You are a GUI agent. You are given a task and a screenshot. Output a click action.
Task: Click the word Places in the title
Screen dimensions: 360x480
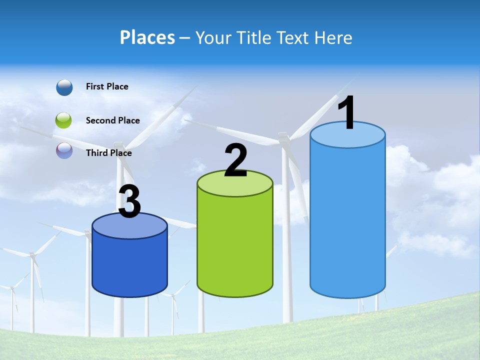tap(147, 37)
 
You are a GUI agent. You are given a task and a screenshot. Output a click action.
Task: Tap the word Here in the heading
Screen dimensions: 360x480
tap(334, 37)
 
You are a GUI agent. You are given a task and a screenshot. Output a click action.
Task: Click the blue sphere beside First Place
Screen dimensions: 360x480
tap(64, 87)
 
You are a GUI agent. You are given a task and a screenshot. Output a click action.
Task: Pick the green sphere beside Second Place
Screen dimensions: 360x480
tap(64, 120)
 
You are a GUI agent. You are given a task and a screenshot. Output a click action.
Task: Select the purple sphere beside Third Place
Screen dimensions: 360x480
tap(64, 151)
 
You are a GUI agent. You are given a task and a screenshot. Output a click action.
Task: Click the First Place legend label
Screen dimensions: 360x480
tap(107, 86)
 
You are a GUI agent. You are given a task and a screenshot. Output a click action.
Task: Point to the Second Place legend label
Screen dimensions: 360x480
tap(112, 120)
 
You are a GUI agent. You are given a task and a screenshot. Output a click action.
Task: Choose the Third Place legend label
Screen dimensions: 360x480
tap(108, 153)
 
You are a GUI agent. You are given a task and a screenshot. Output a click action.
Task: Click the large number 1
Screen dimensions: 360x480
tap(346, 113)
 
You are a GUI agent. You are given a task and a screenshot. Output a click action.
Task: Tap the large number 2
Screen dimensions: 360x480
tap(235, 160)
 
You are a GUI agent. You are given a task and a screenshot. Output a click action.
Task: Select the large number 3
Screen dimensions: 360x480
tap(129, 202)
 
